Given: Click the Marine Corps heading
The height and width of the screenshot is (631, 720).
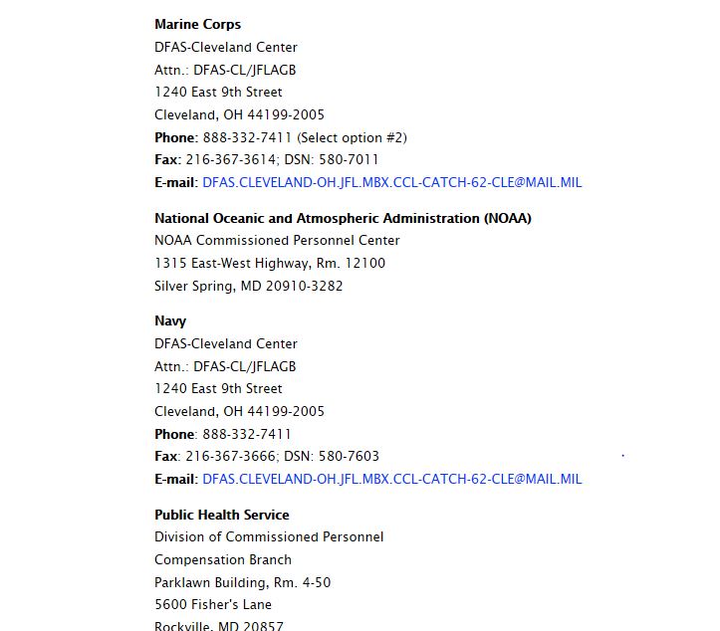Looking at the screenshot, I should (197, 25).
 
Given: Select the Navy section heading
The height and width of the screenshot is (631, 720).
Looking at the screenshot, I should (170, 321).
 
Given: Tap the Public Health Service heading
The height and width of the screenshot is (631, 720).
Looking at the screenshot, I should (221, 516).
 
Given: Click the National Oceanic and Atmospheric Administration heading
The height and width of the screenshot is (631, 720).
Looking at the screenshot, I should (343, 219).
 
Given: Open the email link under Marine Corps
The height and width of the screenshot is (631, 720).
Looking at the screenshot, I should (391, 183).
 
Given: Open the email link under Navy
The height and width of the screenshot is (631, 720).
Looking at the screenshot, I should (391, 480).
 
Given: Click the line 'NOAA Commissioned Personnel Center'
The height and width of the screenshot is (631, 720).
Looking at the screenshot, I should (277, 241).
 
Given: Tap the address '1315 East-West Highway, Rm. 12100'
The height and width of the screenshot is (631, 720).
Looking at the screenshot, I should (269, 264).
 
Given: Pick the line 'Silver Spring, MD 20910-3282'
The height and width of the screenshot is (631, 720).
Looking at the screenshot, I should (248, 287).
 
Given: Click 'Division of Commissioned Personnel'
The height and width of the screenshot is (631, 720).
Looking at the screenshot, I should (268, 537).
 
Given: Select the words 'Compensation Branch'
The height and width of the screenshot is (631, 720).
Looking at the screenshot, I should (223, 560).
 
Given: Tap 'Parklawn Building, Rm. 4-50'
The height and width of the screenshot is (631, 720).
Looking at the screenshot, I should (242, 583).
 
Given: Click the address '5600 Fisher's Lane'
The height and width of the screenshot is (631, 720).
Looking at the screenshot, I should (212, 605).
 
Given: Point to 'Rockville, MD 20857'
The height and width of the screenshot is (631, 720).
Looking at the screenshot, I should (218, 626).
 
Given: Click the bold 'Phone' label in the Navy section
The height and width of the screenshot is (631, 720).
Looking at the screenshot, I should (174, 435).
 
